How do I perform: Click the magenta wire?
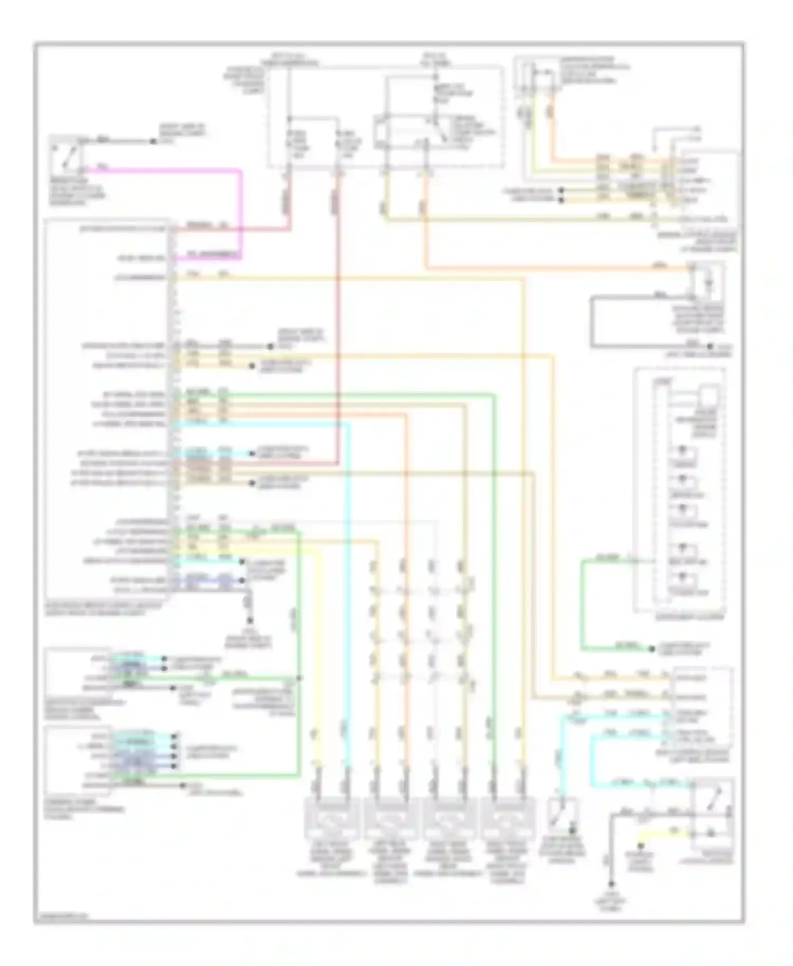(x=241, y=211)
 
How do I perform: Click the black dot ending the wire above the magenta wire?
(x=153, y=142)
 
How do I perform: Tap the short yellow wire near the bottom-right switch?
(x=663, y=834)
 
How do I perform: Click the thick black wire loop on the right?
(x=592, y=322)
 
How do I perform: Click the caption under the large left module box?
(x=103, y=611)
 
